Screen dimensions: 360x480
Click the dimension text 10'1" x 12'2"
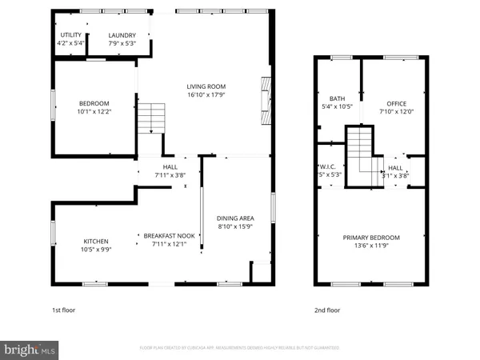94,111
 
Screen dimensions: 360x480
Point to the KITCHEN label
96,242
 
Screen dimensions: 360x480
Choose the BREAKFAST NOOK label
170,235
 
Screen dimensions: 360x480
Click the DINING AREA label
235,217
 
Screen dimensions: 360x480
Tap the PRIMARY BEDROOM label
371,238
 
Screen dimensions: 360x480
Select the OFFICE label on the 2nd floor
396,104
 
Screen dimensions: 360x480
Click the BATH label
336,98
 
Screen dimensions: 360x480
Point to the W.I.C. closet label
330,168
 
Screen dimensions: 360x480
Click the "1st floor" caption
65,310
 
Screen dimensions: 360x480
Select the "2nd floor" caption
327,310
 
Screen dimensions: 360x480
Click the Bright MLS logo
30,350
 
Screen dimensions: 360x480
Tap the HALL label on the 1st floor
170,166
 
